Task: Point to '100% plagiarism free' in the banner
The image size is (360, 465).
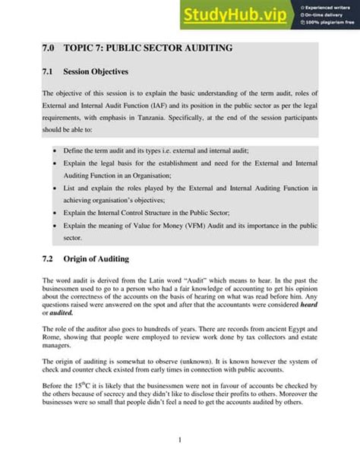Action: pos(329,24)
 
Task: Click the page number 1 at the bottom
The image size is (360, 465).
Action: pos(179,441)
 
